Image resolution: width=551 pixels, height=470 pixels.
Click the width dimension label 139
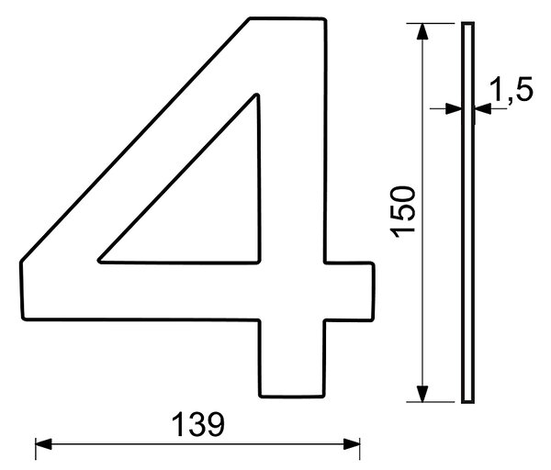tap(197, 425)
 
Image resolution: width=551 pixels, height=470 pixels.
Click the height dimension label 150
tap(403, 212)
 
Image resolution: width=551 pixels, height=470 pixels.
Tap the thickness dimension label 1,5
tap(512, 89)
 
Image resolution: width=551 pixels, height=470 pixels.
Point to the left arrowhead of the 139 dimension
tap(43, 444)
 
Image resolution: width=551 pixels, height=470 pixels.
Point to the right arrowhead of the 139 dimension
tap(352, 444)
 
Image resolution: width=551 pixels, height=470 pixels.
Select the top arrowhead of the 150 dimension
tap(422, 31)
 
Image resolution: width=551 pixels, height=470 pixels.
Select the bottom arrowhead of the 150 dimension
tap(422, 394)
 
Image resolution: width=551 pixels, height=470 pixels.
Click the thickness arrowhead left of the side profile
tap(454, 108)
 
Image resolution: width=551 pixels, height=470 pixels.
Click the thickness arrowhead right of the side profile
tap(482, 108)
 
